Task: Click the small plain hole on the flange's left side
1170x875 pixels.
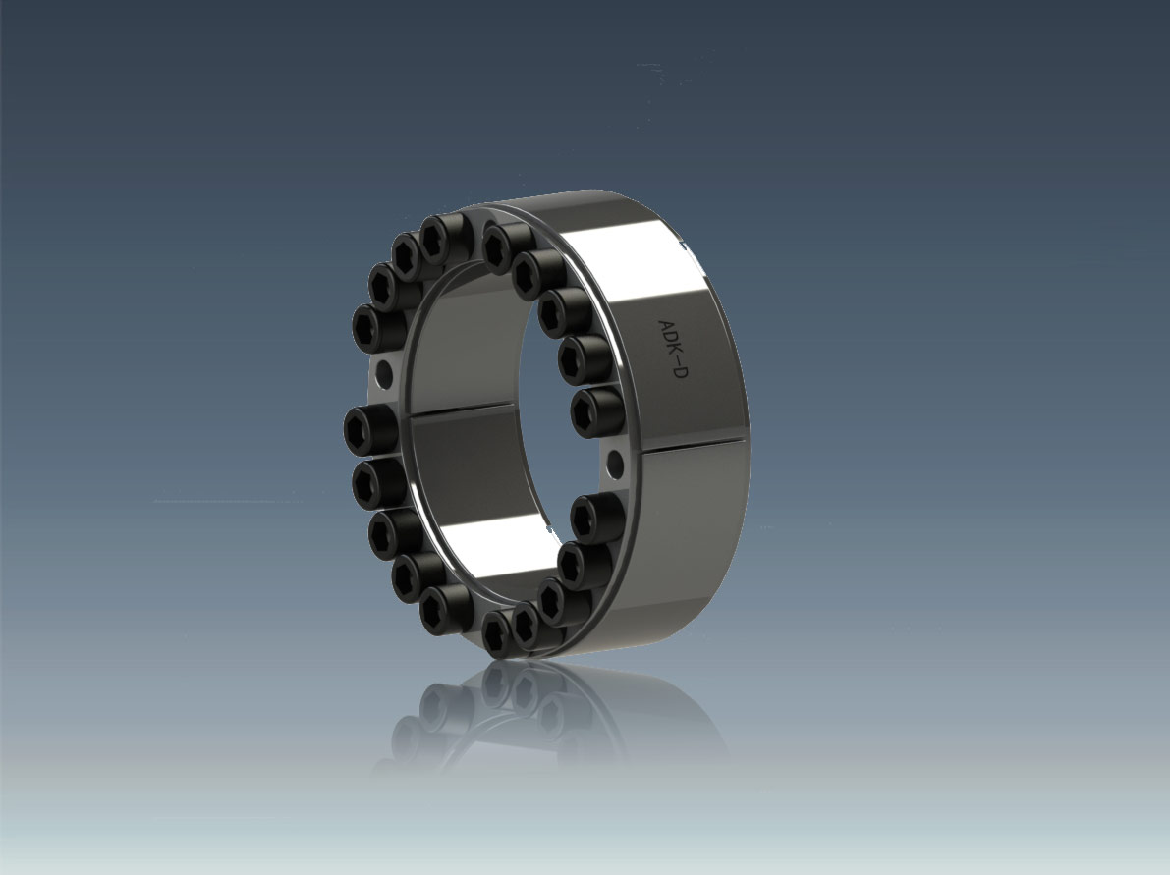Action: coord(384,370)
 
